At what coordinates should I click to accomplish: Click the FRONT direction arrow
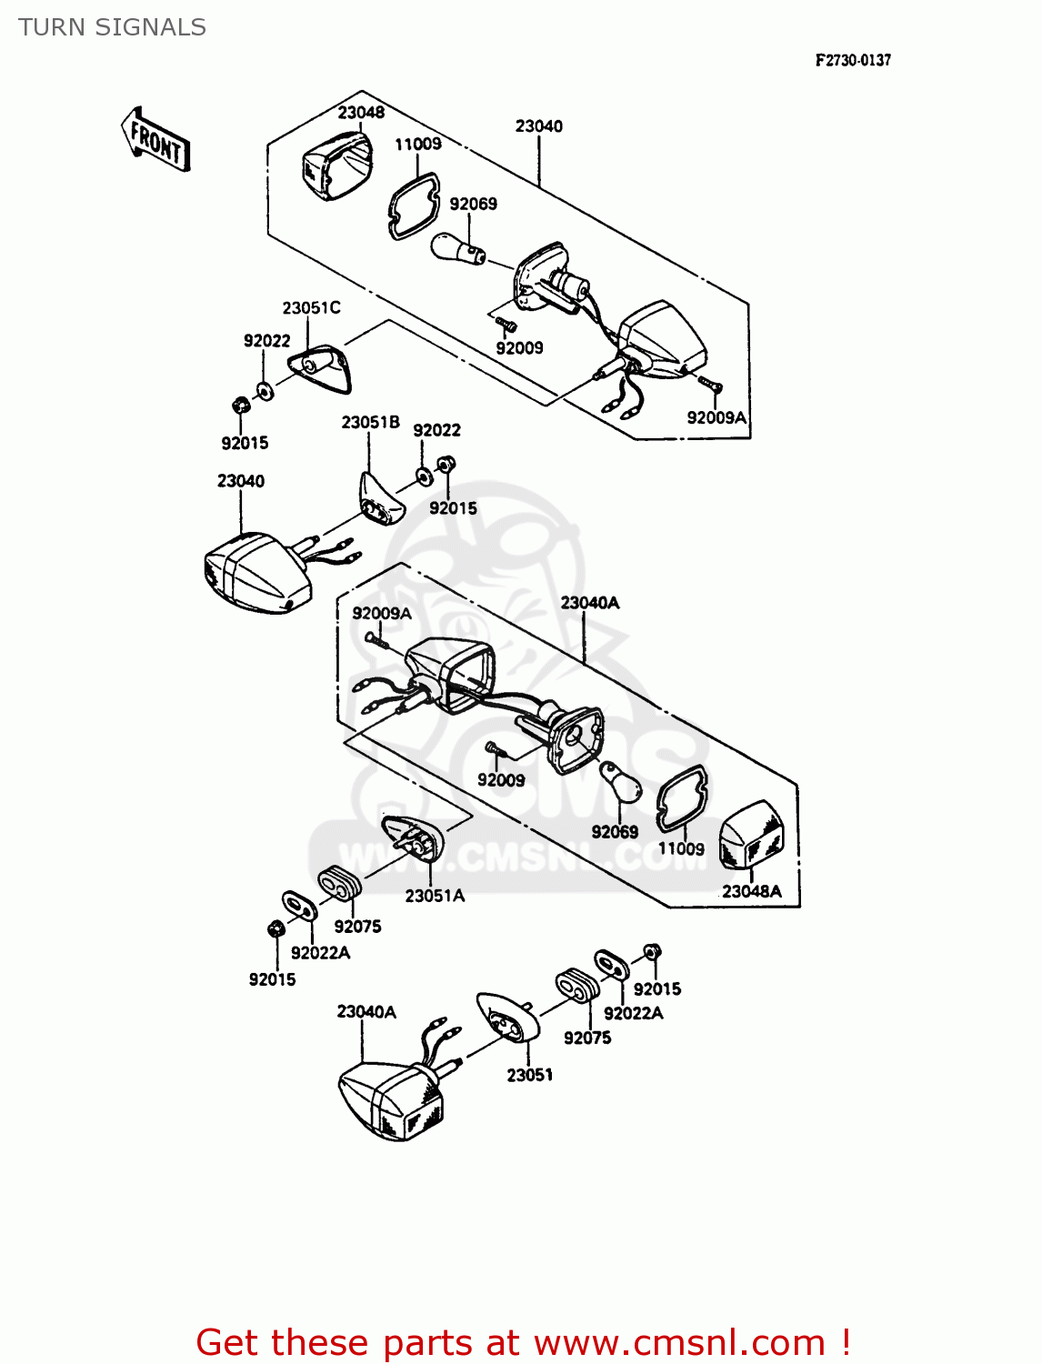point(155,141)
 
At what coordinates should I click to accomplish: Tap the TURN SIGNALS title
point(112,27)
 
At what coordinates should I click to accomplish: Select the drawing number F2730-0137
point(852,60)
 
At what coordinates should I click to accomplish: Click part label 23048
point(361,112)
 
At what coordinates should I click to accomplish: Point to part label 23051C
point(311,307)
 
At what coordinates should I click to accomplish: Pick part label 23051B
point(370,422)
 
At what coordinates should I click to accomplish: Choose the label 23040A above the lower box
point(589,602)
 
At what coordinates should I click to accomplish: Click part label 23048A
point(751,891)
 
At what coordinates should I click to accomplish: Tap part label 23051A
point(435,896)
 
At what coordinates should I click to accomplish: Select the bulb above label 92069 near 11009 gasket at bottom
point(621,782)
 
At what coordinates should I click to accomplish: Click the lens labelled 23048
point(336,165)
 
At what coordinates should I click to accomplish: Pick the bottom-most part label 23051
point(529,1075)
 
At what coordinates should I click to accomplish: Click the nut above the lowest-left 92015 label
point(275,929)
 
